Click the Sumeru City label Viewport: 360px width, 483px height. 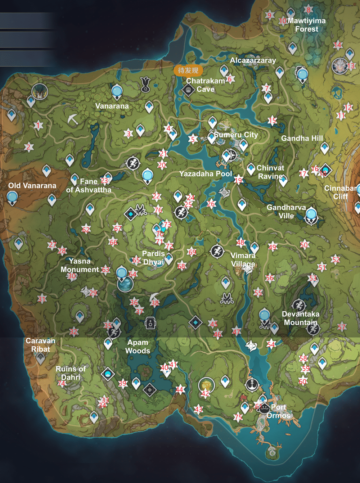tap(236, 135)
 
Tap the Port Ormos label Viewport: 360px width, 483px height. tap(278, 411)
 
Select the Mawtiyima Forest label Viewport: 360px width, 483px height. tap(306, 25)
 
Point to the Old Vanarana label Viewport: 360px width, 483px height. tap(32, 186)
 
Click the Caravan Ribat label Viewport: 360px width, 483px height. tap(40, 345)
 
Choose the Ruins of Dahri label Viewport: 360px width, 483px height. tap(71, 373)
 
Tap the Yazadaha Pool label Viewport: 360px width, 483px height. tap(206, 174)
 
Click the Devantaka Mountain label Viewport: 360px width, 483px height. tap(301, 318)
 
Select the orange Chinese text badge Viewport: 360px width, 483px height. tap(188, 71)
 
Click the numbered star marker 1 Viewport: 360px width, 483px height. tap(38, 125)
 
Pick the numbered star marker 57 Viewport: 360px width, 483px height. tap(342, 327)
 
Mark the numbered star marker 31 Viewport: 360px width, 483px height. tap(42, 299)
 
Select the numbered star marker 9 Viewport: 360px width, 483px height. tap(269, 15)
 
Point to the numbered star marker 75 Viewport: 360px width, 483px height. tap(238, 417)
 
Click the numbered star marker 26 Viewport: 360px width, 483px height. tap(211, 204)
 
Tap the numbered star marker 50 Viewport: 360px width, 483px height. tap(304, 245)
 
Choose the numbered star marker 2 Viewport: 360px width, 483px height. tap(28, 147)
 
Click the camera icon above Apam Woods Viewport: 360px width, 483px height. tap(150, 323)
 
